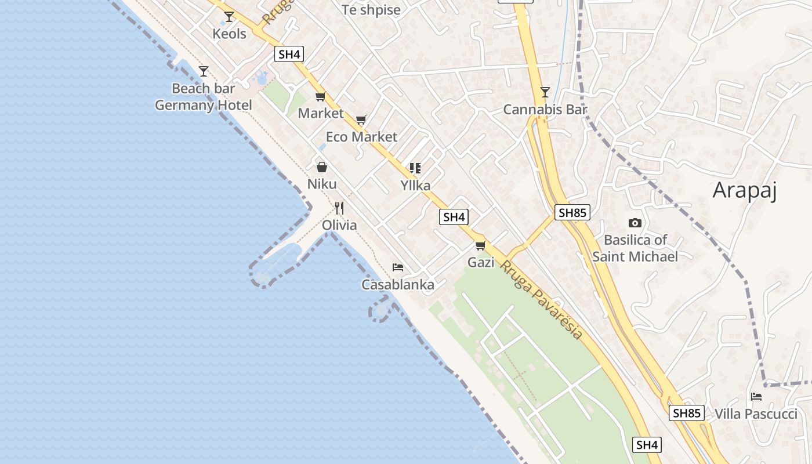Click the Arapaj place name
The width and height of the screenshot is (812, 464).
(x=744, y=190)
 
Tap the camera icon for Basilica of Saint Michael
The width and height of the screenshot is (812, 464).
(x=635, y=223)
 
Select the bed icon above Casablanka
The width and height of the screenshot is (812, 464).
(x=398, y=267)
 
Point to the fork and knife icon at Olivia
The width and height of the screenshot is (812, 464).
(x=339, y=208)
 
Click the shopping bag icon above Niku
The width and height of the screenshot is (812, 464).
(x=322, y=167)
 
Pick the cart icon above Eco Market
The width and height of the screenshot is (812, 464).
(x=361, y=120)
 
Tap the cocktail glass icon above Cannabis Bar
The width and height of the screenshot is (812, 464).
(x=545, y=92)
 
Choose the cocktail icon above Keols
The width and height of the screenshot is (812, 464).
(x=229, y=16)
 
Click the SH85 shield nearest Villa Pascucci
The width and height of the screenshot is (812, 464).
(x=687, y=413)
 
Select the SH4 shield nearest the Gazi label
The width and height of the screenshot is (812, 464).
(x=454, y=217)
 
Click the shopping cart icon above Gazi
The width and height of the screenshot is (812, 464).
(x=480, y=246)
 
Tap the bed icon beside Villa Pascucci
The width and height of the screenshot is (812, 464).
(x=756, y=397)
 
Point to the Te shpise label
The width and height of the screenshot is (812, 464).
(x=371, y=10)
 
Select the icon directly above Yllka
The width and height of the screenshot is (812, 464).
(x=415, y=168)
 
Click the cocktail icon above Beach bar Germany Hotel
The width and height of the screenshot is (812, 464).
(x=204, y=71)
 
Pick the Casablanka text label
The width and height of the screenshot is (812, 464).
(x=398, y=285)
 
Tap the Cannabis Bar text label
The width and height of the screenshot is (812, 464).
(x=545, y=109)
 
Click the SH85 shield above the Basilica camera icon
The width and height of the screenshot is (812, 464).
(x=572, y=212)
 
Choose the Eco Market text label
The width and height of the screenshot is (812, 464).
(x=362, y=137)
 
